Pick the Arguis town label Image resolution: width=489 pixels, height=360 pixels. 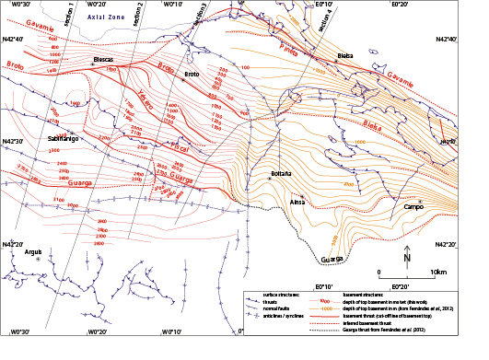[33, 251]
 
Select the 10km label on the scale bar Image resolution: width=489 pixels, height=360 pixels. [438, 273]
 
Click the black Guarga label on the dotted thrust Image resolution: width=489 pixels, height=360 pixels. [332, 260]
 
